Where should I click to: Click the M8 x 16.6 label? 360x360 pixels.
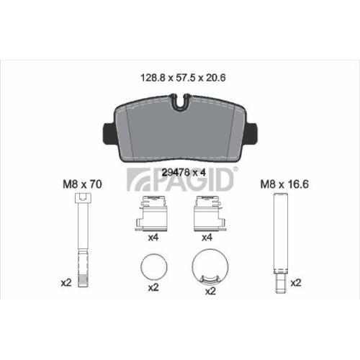click(278, 184)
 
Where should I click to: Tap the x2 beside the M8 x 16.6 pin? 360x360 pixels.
click(295, 283)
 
